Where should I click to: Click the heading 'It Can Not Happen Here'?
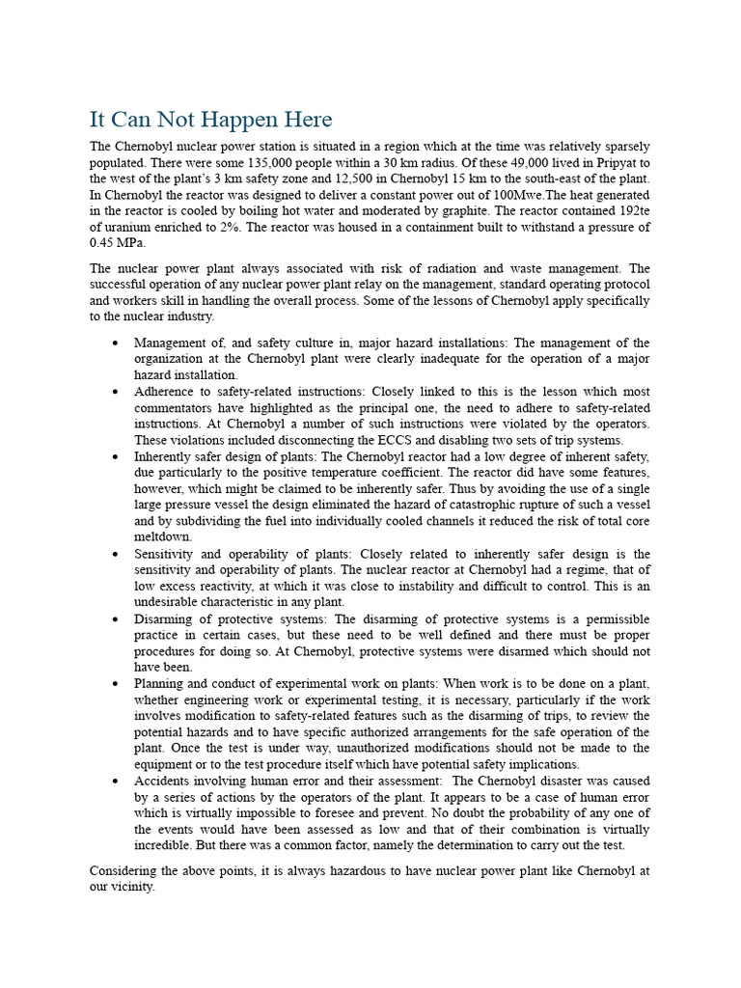pos(210,120)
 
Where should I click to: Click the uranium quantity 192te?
pos(628,211)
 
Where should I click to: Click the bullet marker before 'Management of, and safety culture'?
pos(116,343)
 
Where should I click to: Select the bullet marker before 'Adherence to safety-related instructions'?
pos(116,392)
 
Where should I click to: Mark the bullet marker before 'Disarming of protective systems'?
pos(116,618)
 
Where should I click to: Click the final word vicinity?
pos(131,887)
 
